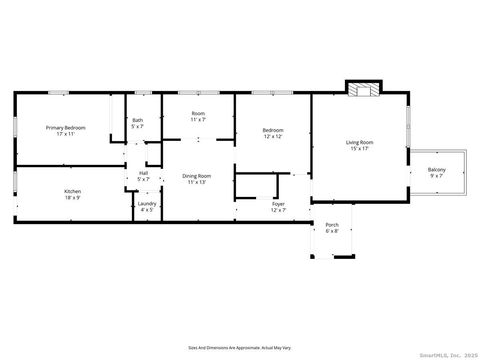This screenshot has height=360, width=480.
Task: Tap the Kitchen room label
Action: (73, 191)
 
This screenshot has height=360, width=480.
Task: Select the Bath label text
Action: (137, 121)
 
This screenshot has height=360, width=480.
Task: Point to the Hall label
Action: (144, 172)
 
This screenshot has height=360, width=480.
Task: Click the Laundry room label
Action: (146, 204)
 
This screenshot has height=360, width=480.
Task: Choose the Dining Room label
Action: (196, 176)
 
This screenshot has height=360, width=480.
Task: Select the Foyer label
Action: (278, 204)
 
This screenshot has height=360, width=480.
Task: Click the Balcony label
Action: (437, 170)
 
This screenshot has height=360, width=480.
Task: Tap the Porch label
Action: (332, 226)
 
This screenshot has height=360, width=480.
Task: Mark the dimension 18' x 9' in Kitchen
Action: (73, 197)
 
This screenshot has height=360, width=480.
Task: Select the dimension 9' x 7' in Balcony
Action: (437, 176)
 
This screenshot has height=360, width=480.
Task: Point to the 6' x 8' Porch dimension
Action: (332, 232)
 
